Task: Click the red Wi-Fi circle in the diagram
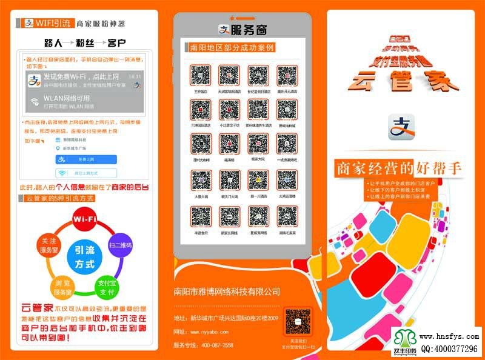click(85, 219)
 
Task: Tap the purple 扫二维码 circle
click(120, 245)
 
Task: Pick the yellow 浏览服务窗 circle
click(62, 287)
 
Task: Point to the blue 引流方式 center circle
click(84, 256)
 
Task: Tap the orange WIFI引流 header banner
click(47, 24)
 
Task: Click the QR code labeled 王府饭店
click(199, 76)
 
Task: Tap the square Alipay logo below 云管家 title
click(400, 127)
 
